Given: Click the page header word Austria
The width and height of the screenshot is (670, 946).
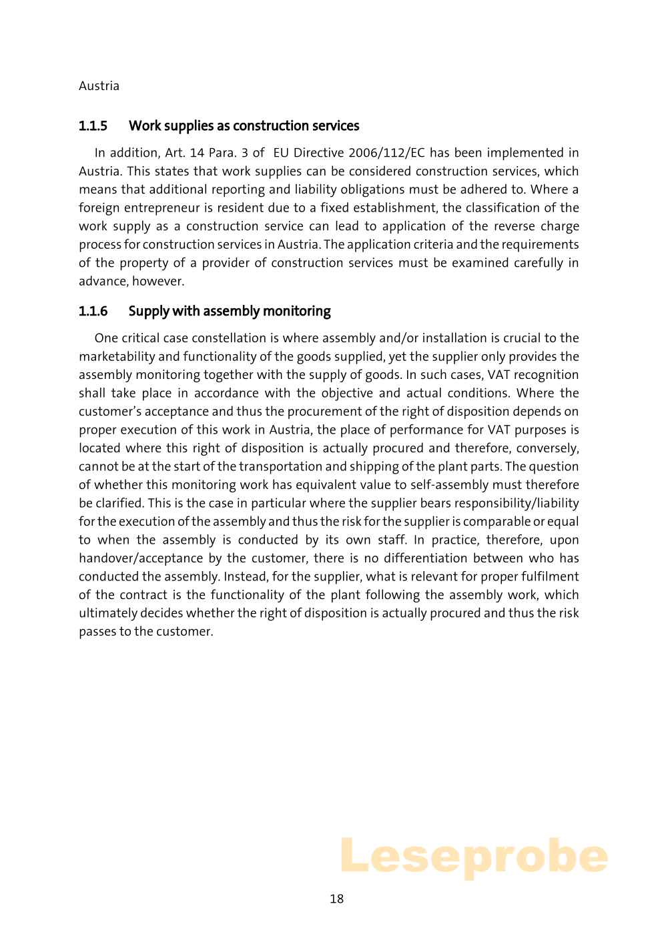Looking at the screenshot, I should (x=99, y=86).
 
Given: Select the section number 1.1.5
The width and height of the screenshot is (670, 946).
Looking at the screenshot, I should (x=93, y=126).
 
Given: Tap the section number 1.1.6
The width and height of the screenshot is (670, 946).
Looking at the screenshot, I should (x=93, y=312).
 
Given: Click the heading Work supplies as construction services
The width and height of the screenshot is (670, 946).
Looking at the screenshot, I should (x=244, y=126).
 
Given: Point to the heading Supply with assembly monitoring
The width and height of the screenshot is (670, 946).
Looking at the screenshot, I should (x=230, y=312).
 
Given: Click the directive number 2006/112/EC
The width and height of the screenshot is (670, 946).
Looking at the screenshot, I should (x=386, y=153).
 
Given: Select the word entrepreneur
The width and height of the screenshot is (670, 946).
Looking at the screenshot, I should (x=160, y=208).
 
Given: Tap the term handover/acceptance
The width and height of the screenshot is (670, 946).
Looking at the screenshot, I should (x=141, y=558).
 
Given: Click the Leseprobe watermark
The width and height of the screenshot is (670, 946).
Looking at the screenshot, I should (x=474, y=857).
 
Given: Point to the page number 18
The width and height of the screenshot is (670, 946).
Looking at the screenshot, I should (x=337, y=899).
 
